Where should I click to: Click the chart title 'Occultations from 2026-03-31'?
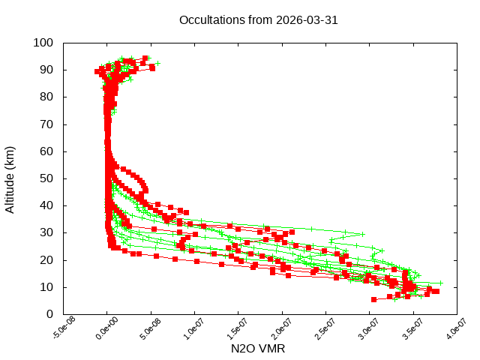(258, 20)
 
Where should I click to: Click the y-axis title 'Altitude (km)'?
(10, 178)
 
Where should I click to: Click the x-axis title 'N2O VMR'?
(257, 349)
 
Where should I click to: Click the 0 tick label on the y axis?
(49, 313)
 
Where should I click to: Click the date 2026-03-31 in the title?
(308, 20)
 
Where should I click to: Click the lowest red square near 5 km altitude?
(373, 299)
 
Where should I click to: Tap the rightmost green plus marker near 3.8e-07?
(441, 283)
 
